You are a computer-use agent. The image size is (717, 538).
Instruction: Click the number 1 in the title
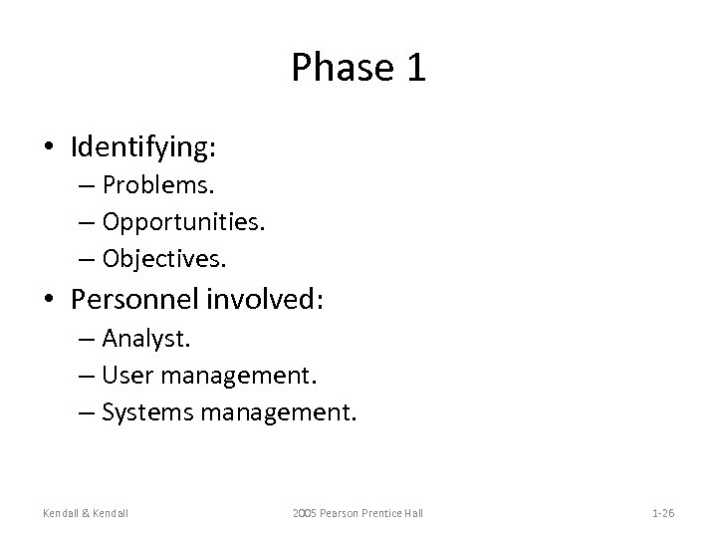pos(413,68)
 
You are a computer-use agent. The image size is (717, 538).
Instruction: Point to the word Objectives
pos(164,259)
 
